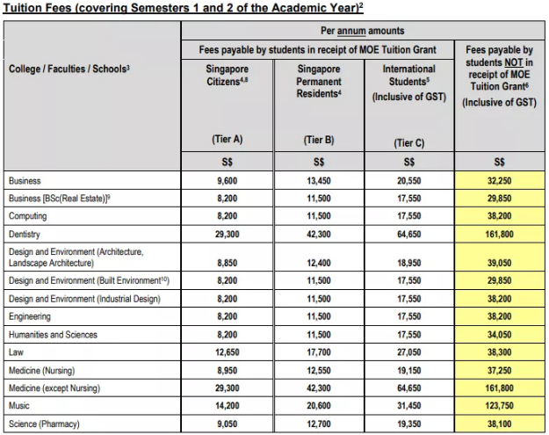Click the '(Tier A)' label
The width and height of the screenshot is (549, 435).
227,139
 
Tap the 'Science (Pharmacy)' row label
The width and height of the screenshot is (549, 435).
45,424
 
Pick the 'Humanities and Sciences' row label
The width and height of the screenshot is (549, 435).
53,335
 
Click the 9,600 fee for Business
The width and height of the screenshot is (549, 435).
227,181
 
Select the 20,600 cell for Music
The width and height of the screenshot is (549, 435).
318,407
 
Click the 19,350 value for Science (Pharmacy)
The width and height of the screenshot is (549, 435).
408,424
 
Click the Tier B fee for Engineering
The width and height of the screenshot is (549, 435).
318,316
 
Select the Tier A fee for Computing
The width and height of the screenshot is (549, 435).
227,216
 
